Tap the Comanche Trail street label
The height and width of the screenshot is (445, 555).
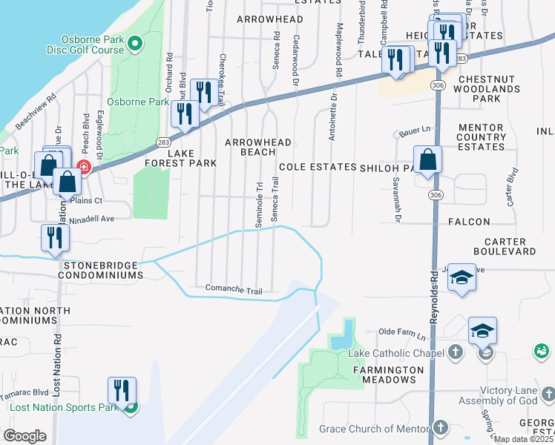[x=234, y=289]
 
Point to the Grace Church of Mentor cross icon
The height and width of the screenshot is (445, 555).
[x=441, y=428]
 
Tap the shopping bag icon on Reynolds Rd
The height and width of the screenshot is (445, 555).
[x=428, y=160]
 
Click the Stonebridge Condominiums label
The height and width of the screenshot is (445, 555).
[x=103, y=269]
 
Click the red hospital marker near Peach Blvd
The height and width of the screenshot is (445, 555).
[x=83, y=167]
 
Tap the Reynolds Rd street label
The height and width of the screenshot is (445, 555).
[x=434, y=304]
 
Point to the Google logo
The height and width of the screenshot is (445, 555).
[x=24, y=436]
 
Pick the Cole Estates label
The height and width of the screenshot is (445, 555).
[x=318, y=167]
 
